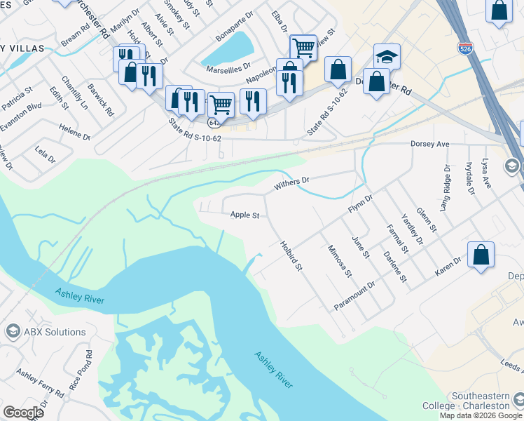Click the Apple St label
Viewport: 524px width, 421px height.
point(245,215)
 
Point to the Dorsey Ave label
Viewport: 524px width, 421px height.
point(428,144)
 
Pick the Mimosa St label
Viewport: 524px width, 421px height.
point(340,260)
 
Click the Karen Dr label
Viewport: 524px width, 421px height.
point(448,265)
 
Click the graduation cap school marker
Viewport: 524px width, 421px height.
point(387,56)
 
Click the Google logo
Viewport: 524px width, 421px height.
point(22,413)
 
